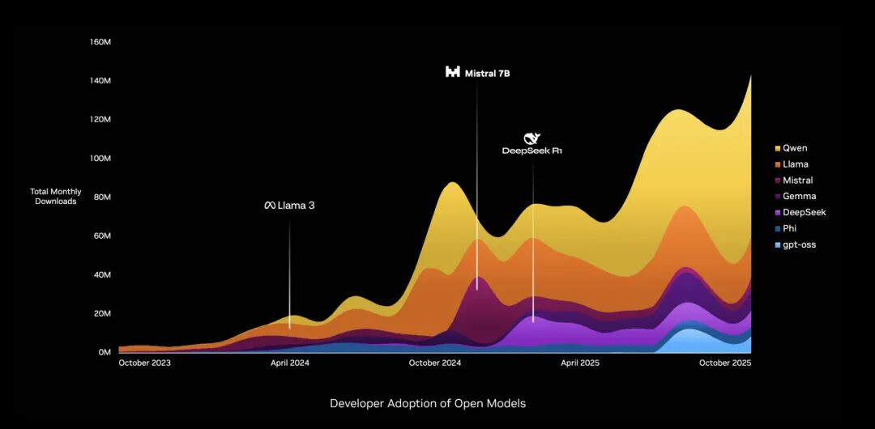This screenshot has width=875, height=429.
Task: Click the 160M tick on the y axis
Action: (100, 42)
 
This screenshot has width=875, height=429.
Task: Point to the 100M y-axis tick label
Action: (100, 159)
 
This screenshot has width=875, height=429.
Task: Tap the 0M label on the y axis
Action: (105, 353)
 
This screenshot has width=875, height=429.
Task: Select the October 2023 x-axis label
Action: (145, 363)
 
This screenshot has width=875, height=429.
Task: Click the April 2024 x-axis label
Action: (289, 363)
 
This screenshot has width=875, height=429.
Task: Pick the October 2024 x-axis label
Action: (435, 363)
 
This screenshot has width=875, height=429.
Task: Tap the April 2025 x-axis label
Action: (580, 363)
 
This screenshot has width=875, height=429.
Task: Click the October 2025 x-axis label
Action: (725, 363)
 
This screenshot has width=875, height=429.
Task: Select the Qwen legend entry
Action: (795, 148)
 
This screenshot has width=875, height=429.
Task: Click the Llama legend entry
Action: (796, 164)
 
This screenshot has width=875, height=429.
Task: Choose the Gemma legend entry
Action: (799, 196)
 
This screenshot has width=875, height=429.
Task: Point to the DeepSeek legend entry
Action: (804, 212)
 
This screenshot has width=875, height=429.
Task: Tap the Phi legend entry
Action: (790, 228)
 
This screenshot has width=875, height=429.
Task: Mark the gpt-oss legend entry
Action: (799, 244)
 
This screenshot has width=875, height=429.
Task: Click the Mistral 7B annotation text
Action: (487, 73)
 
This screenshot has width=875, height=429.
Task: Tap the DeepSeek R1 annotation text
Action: (532, 151)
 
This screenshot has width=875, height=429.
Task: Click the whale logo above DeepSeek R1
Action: (531, 138)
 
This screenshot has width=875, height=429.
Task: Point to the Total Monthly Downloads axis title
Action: (55, 196)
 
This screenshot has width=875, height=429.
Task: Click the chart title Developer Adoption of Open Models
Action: (428, 403)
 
